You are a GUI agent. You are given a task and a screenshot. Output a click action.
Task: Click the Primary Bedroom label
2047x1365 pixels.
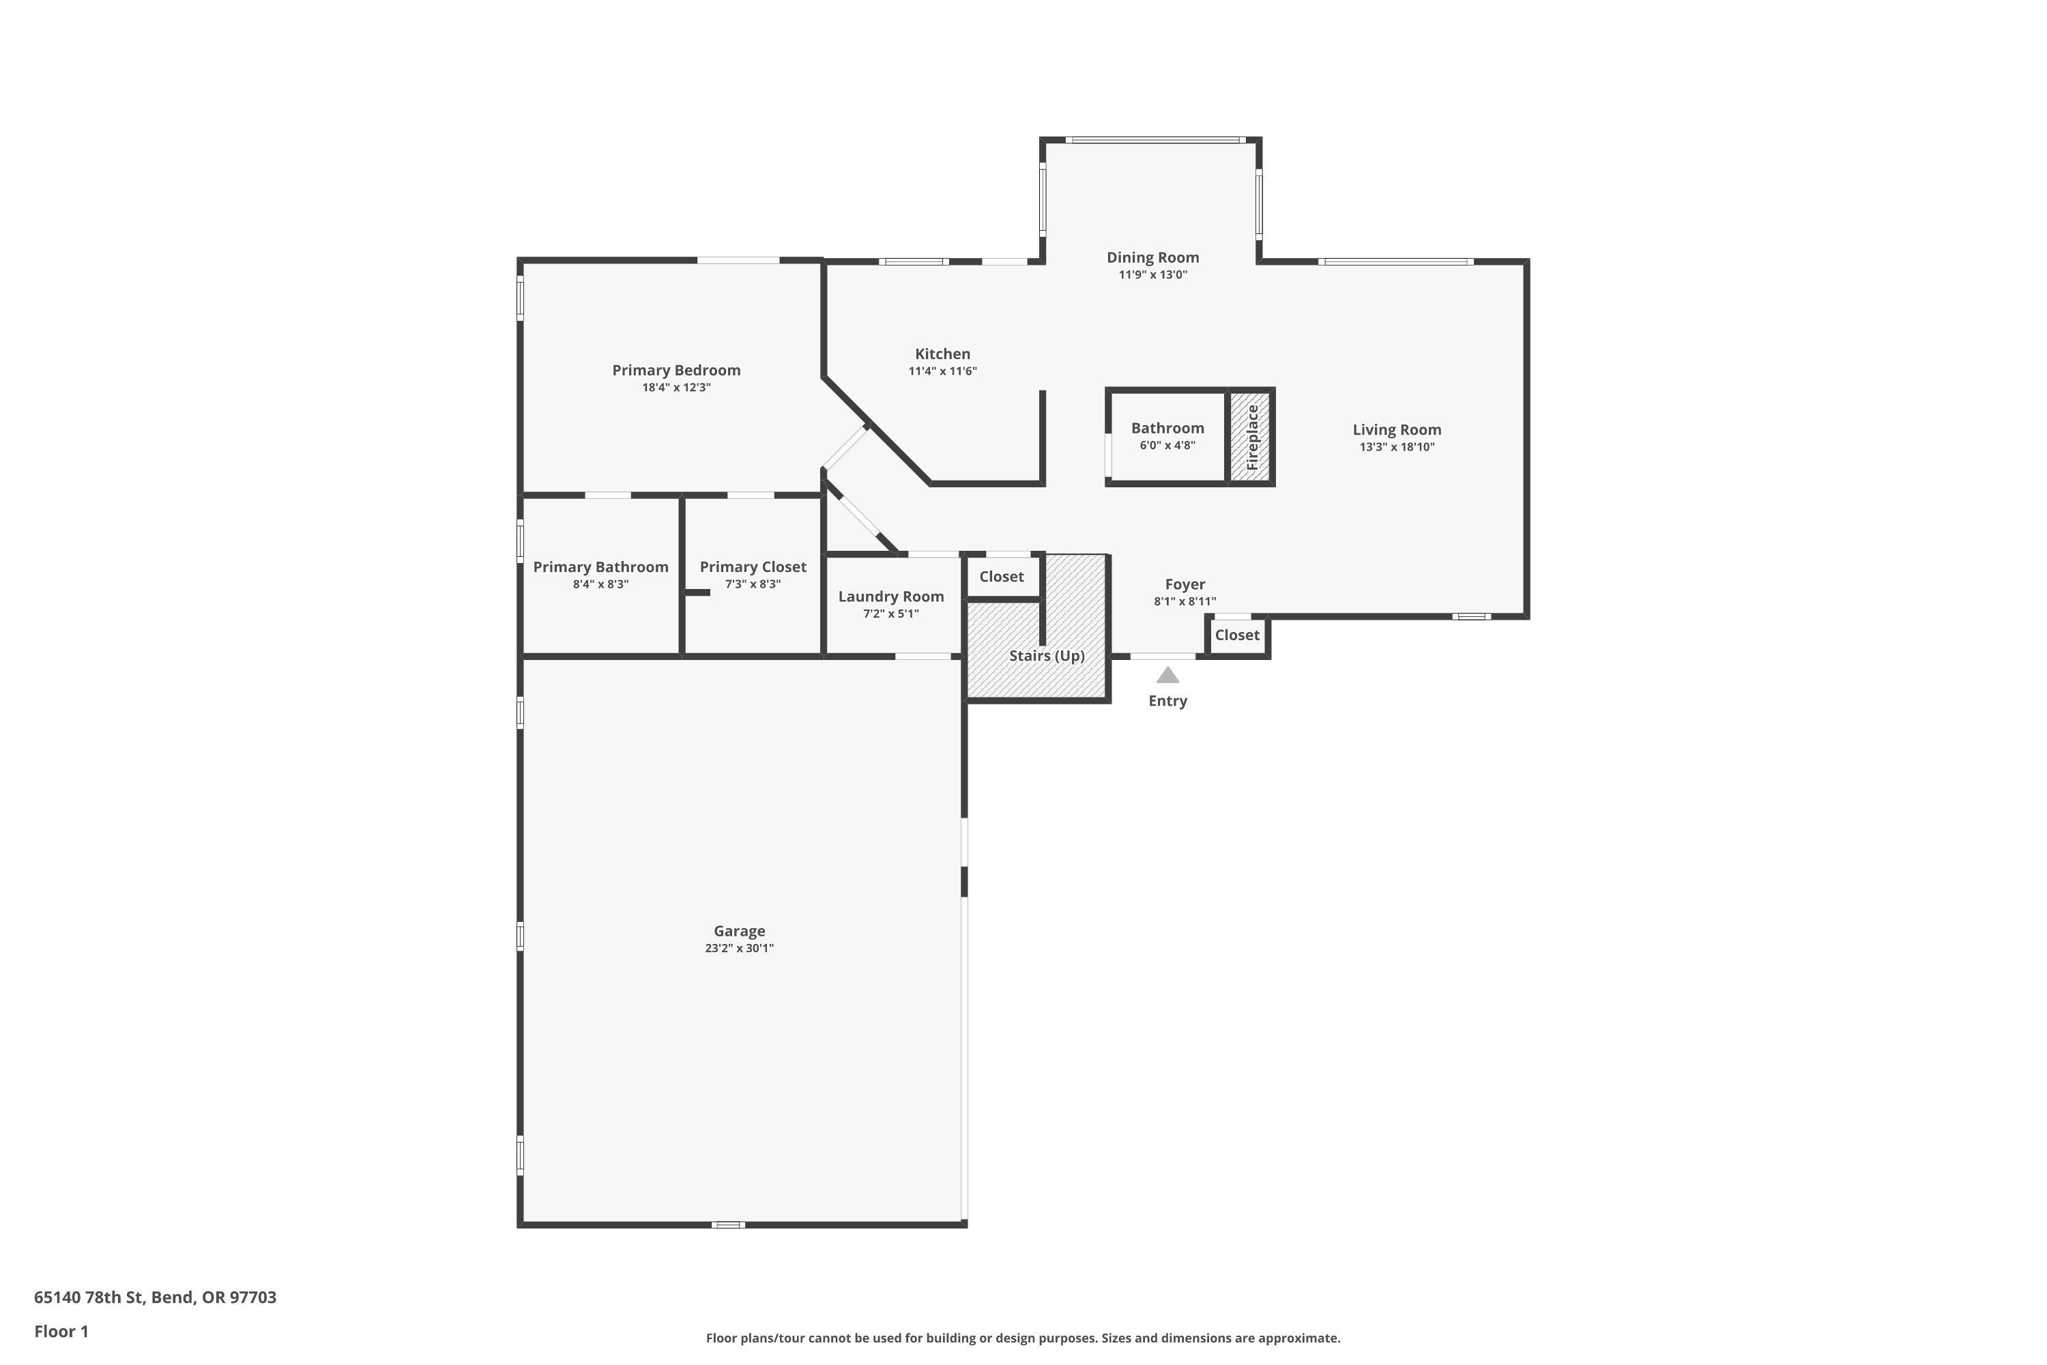[676, 370]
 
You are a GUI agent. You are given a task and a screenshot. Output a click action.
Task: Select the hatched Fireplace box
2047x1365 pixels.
[1251, 437]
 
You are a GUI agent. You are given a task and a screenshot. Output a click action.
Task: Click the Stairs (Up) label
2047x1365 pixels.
[1046, 655]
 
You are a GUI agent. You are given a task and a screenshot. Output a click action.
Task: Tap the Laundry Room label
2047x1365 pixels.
[890, 597]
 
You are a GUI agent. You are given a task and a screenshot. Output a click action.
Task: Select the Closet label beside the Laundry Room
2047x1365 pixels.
[1001, 576]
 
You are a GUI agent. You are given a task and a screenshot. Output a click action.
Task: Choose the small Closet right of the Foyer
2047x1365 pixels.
[1236, 635]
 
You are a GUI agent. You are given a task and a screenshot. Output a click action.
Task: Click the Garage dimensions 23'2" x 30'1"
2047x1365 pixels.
[739, 949]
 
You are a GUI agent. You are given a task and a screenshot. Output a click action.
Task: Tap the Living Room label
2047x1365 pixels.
[1396, 429]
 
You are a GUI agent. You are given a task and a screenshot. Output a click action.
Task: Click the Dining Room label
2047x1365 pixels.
[1152, 257]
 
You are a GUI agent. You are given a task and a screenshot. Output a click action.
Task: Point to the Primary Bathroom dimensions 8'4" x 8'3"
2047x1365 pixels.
[600, 584]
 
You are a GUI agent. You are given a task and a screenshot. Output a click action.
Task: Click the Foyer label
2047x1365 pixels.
[1185, 584]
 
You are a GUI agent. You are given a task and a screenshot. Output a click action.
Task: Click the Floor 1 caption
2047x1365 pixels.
[61, 1331]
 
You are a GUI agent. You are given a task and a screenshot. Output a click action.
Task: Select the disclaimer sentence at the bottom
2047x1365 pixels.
[1023, 1338]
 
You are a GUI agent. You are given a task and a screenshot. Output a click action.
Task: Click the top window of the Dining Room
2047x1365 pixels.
[1152, 140]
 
